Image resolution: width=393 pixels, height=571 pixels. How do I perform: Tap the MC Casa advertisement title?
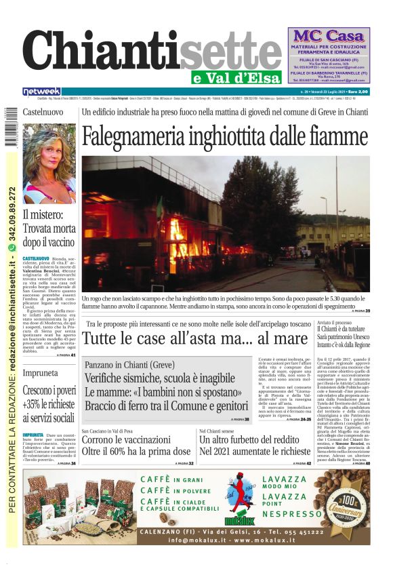328,35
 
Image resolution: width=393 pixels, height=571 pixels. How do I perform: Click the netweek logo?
41,91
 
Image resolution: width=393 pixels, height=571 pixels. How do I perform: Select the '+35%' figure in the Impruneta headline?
33,405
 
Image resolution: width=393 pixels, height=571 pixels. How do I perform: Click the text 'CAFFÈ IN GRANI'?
170,479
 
